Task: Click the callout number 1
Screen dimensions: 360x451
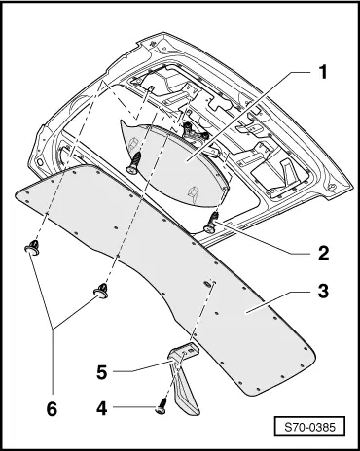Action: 322,72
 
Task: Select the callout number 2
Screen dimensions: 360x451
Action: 323,253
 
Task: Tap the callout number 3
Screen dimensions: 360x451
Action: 323,291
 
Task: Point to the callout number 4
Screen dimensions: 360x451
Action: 101,408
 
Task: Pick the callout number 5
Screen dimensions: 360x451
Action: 102,372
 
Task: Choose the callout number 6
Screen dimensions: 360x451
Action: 52,409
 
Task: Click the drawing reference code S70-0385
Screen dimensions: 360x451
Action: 309,427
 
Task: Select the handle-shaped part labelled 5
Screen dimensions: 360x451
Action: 183,376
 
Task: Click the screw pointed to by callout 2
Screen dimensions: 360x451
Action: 211,223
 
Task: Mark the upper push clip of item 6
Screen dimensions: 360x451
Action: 32,247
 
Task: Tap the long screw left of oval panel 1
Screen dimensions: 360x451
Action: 133,162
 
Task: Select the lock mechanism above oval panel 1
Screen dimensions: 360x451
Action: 194,132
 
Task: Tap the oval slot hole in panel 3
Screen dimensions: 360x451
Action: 206,285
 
